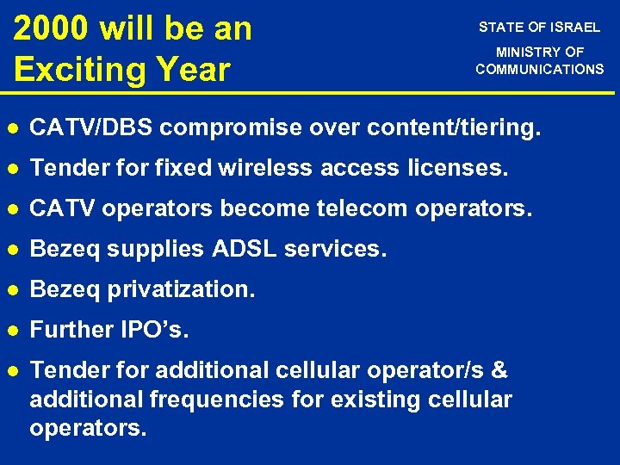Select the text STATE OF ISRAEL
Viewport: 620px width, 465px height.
(539, 28)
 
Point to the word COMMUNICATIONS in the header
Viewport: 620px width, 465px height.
(540, 69)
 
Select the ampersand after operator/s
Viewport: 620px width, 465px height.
(499, 371)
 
